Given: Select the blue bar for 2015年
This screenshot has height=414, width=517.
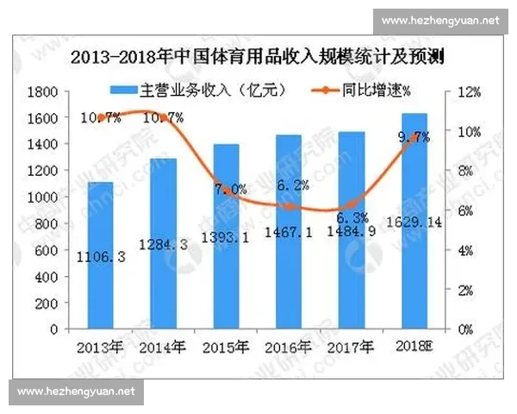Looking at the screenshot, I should pyautogui.click(x=227, y=237).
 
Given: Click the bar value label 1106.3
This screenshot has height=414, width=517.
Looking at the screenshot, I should pyautogui.click(x=100, y=256).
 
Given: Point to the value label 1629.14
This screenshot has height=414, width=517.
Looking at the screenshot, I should pyautogui.click(x=414, y=246).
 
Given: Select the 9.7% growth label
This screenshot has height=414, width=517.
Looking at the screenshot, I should pyautogui.click(x=414, y=137).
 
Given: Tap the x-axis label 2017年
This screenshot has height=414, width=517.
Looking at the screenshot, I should pyautogui.click(x=352, y=348).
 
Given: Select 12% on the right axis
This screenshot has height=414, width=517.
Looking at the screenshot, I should pyautogui.click(x=466, y=91).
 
